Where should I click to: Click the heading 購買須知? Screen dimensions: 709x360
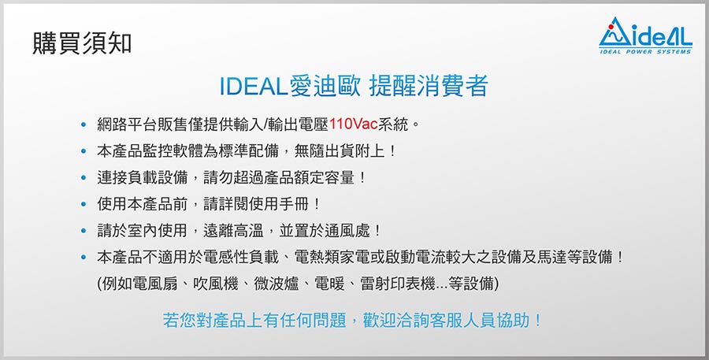pyautogui.click(x=82, y=44)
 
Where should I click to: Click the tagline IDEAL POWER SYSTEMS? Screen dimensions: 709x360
pyautogui.click(x=645, y=51)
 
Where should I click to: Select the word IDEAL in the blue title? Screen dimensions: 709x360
pyautogui.click(x=254, y=86)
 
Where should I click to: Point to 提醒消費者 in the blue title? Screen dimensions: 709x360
pyautogui.click(x=429, y=86)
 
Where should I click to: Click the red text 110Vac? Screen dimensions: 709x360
pyautogui.click(x=353, y=124)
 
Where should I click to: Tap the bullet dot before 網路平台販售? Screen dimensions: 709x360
pyautogui.click(x=84, y=124)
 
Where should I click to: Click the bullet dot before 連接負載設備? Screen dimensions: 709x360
pyautogui.click(x=84, y=178)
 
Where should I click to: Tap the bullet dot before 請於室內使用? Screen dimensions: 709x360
pyautogui.click(x=84, y=231)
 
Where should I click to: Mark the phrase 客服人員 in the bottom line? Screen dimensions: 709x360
pyautogui.click(x=463, y=320)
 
